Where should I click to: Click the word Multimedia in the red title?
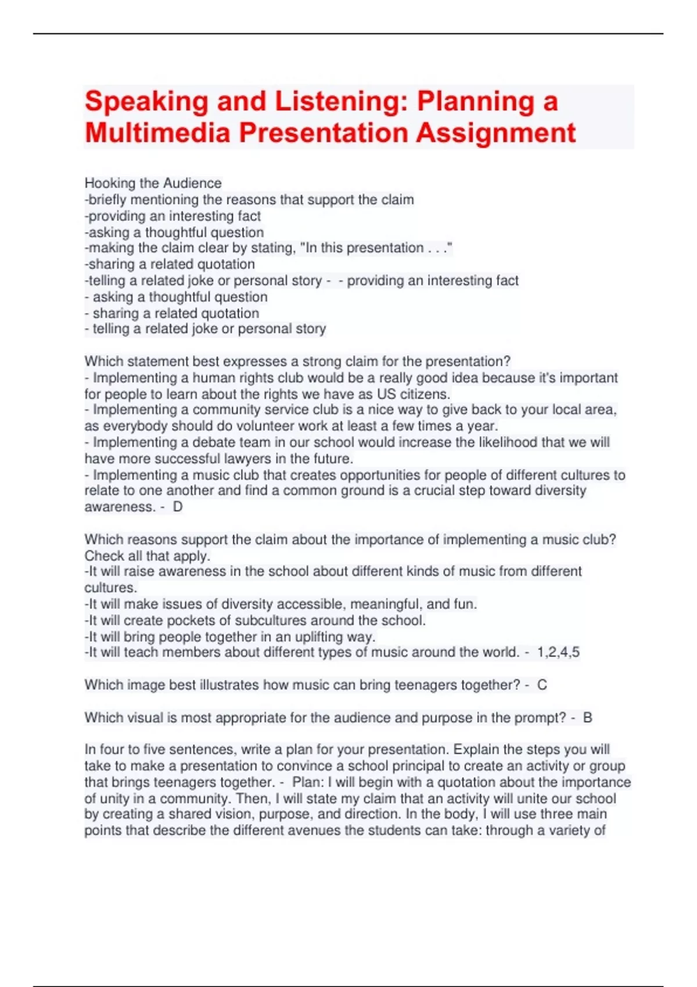tap(158, 133)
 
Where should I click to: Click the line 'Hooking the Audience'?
tap(153, 183)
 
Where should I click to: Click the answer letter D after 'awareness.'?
tap(178, 507)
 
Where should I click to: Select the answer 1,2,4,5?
tap(558, 653)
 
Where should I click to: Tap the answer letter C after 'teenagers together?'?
tap(542, 685)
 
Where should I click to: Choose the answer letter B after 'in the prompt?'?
tap(588, 718)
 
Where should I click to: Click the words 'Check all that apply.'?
tap(147, 556)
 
